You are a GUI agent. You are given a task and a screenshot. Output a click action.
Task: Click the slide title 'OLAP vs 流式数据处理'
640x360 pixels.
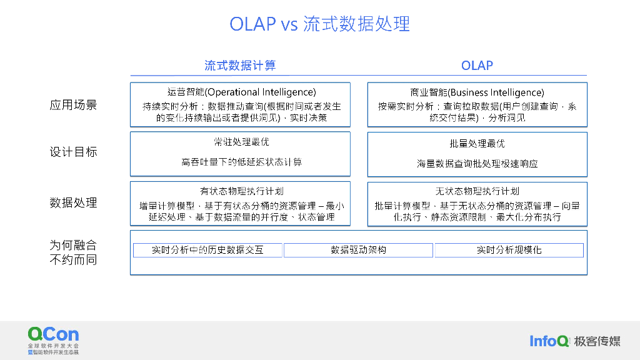(319, 24)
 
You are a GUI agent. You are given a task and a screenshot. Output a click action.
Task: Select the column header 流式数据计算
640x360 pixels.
(240, 66)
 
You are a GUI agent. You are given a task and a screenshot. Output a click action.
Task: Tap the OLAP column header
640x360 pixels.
(477, 66)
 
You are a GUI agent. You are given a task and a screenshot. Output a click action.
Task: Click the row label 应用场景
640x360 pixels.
(73, 105)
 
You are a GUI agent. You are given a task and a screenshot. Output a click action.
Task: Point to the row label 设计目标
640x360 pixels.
(73, 152)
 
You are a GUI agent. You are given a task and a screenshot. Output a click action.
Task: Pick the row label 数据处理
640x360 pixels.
(73, 202)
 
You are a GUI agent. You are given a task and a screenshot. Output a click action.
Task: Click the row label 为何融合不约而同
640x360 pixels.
(73, 252)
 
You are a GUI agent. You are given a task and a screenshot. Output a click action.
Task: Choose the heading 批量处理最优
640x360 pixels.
(477, 143)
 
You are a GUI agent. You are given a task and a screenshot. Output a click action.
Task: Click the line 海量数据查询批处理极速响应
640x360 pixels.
(477, 164)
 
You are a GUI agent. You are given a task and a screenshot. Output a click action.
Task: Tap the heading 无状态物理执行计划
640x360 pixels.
(477, 191)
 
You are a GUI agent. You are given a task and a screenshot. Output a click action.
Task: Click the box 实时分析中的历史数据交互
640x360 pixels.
(207, 250)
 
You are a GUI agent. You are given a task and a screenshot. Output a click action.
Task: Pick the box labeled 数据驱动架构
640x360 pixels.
(358, 250)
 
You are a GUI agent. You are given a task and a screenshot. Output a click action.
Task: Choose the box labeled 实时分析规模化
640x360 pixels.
(509, 250)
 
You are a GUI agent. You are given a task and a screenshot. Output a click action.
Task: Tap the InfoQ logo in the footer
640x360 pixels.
(549, 341)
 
